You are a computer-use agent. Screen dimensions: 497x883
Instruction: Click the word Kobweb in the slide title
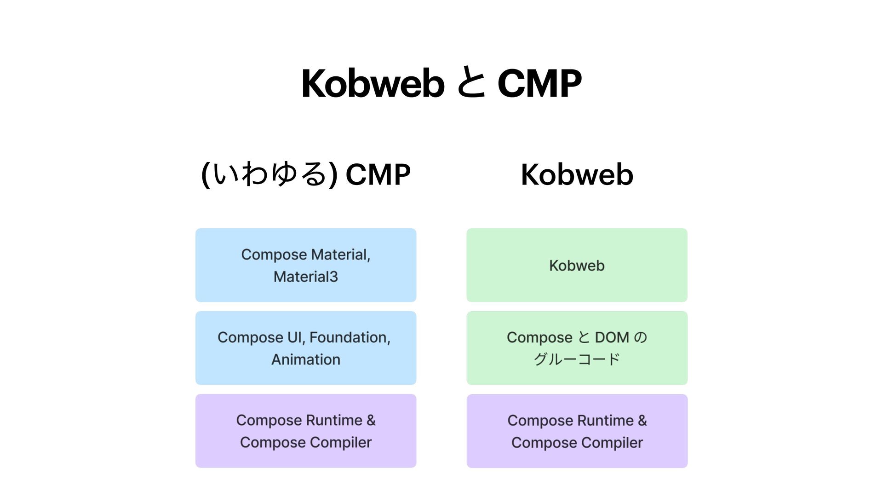[x=373, y=83]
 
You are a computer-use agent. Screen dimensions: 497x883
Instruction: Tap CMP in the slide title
[x=539, y=83]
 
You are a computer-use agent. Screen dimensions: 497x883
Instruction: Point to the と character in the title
[x=471, y=83]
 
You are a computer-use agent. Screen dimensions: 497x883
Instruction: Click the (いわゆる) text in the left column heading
[x=269, y=174]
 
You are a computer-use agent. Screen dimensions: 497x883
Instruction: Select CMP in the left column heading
[x=378, y=174]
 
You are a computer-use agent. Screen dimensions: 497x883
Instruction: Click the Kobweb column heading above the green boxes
[x=577, y=174]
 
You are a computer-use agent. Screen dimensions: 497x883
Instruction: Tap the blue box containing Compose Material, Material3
[x=306, y=265]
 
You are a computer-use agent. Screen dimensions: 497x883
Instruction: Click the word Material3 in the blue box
[x=306, y=277]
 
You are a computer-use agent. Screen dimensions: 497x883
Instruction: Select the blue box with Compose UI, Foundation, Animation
[x=306, y=348]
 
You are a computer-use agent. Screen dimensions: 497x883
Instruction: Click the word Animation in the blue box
[x=306, y=359]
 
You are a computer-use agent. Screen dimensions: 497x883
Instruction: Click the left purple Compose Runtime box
[x=306, y=431]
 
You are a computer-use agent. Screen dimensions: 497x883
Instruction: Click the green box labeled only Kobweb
[x=577, y=265]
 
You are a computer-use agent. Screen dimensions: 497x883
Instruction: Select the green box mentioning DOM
[x=577, y=348]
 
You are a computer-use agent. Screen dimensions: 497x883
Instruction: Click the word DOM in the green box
[x=612, y=337]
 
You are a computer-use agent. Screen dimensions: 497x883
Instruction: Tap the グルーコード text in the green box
[x=577, y=359]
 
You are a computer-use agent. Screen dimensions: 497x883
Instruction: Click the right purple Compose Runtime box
[x=577, y=431]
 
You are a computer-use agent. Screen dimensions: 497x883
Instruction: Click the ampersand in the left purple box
[x=371, y=420]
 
